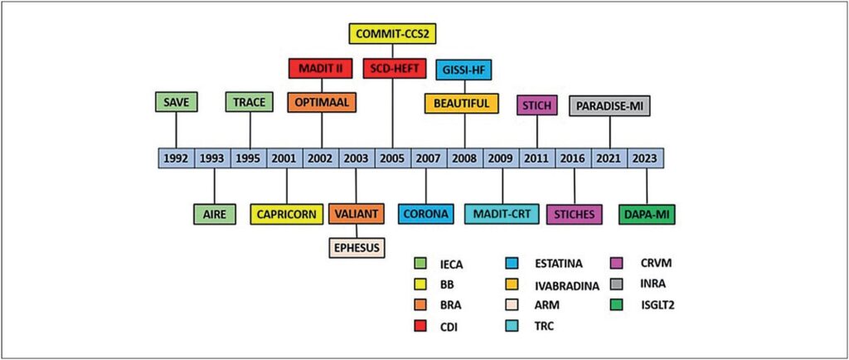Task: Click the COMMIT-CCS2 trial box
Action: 391,33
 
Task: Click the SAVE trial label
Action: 175,102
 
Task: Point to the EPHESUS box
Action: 357,247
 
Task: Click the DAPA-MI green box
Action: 647,214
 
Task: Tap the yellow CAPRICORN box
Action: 285,214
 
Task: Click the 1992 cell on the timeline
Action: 176,158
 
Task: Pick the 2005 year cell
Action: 392,158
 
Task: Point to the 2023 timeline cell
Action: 645,158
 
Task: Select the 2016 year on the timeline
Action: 573,158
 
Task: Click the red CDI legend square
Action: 421,325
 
